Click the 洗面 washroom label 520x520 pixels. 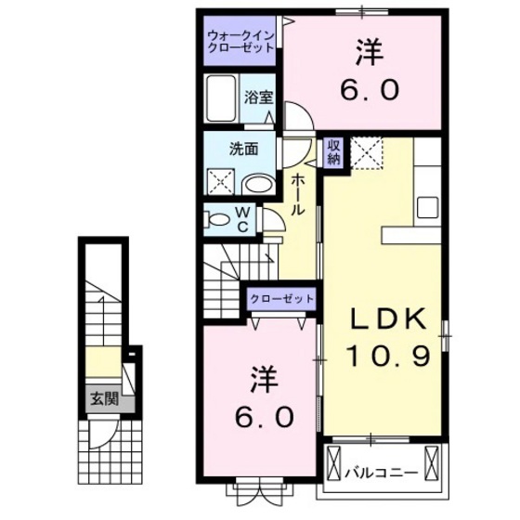click(243, 147)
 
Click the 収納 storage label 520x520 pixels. click(333, 152)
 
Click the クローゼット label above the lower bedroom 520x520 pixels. click(280, 299)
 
